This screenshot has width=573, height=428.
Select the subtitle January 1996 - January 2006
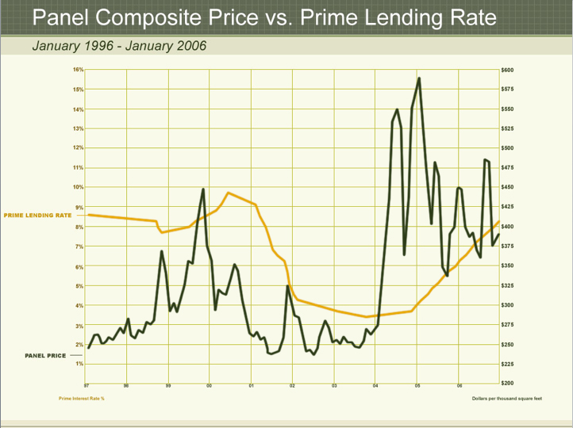click(119, 45)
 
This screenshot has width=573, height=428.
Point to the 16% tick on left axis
click(79, 70)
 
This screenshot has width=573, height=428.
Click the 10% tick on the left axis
click(79, 187)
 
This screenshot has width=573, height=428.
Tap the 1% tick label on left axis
click(79, 364)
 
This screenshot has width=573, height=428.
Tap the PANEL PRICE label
click(46, 356)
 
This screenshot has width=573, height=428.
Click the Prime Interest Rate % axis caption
click(82, 398)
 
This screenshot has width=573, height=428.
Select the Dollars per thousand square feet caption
click(506, 398)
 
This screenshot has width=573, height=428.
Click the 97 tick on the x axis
click(87, 386)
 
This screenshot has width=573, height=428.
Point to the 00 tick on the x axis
click(210, 386)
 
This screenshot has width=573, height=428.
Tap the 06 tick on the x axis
click(459, 386)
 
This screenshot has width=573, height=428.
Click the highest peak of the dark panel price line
click(418, 78)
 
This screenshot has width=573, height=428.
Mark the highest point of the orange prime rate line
click(228, 193)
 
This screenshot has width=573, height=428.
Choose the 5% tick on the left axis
click(79, 285)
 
